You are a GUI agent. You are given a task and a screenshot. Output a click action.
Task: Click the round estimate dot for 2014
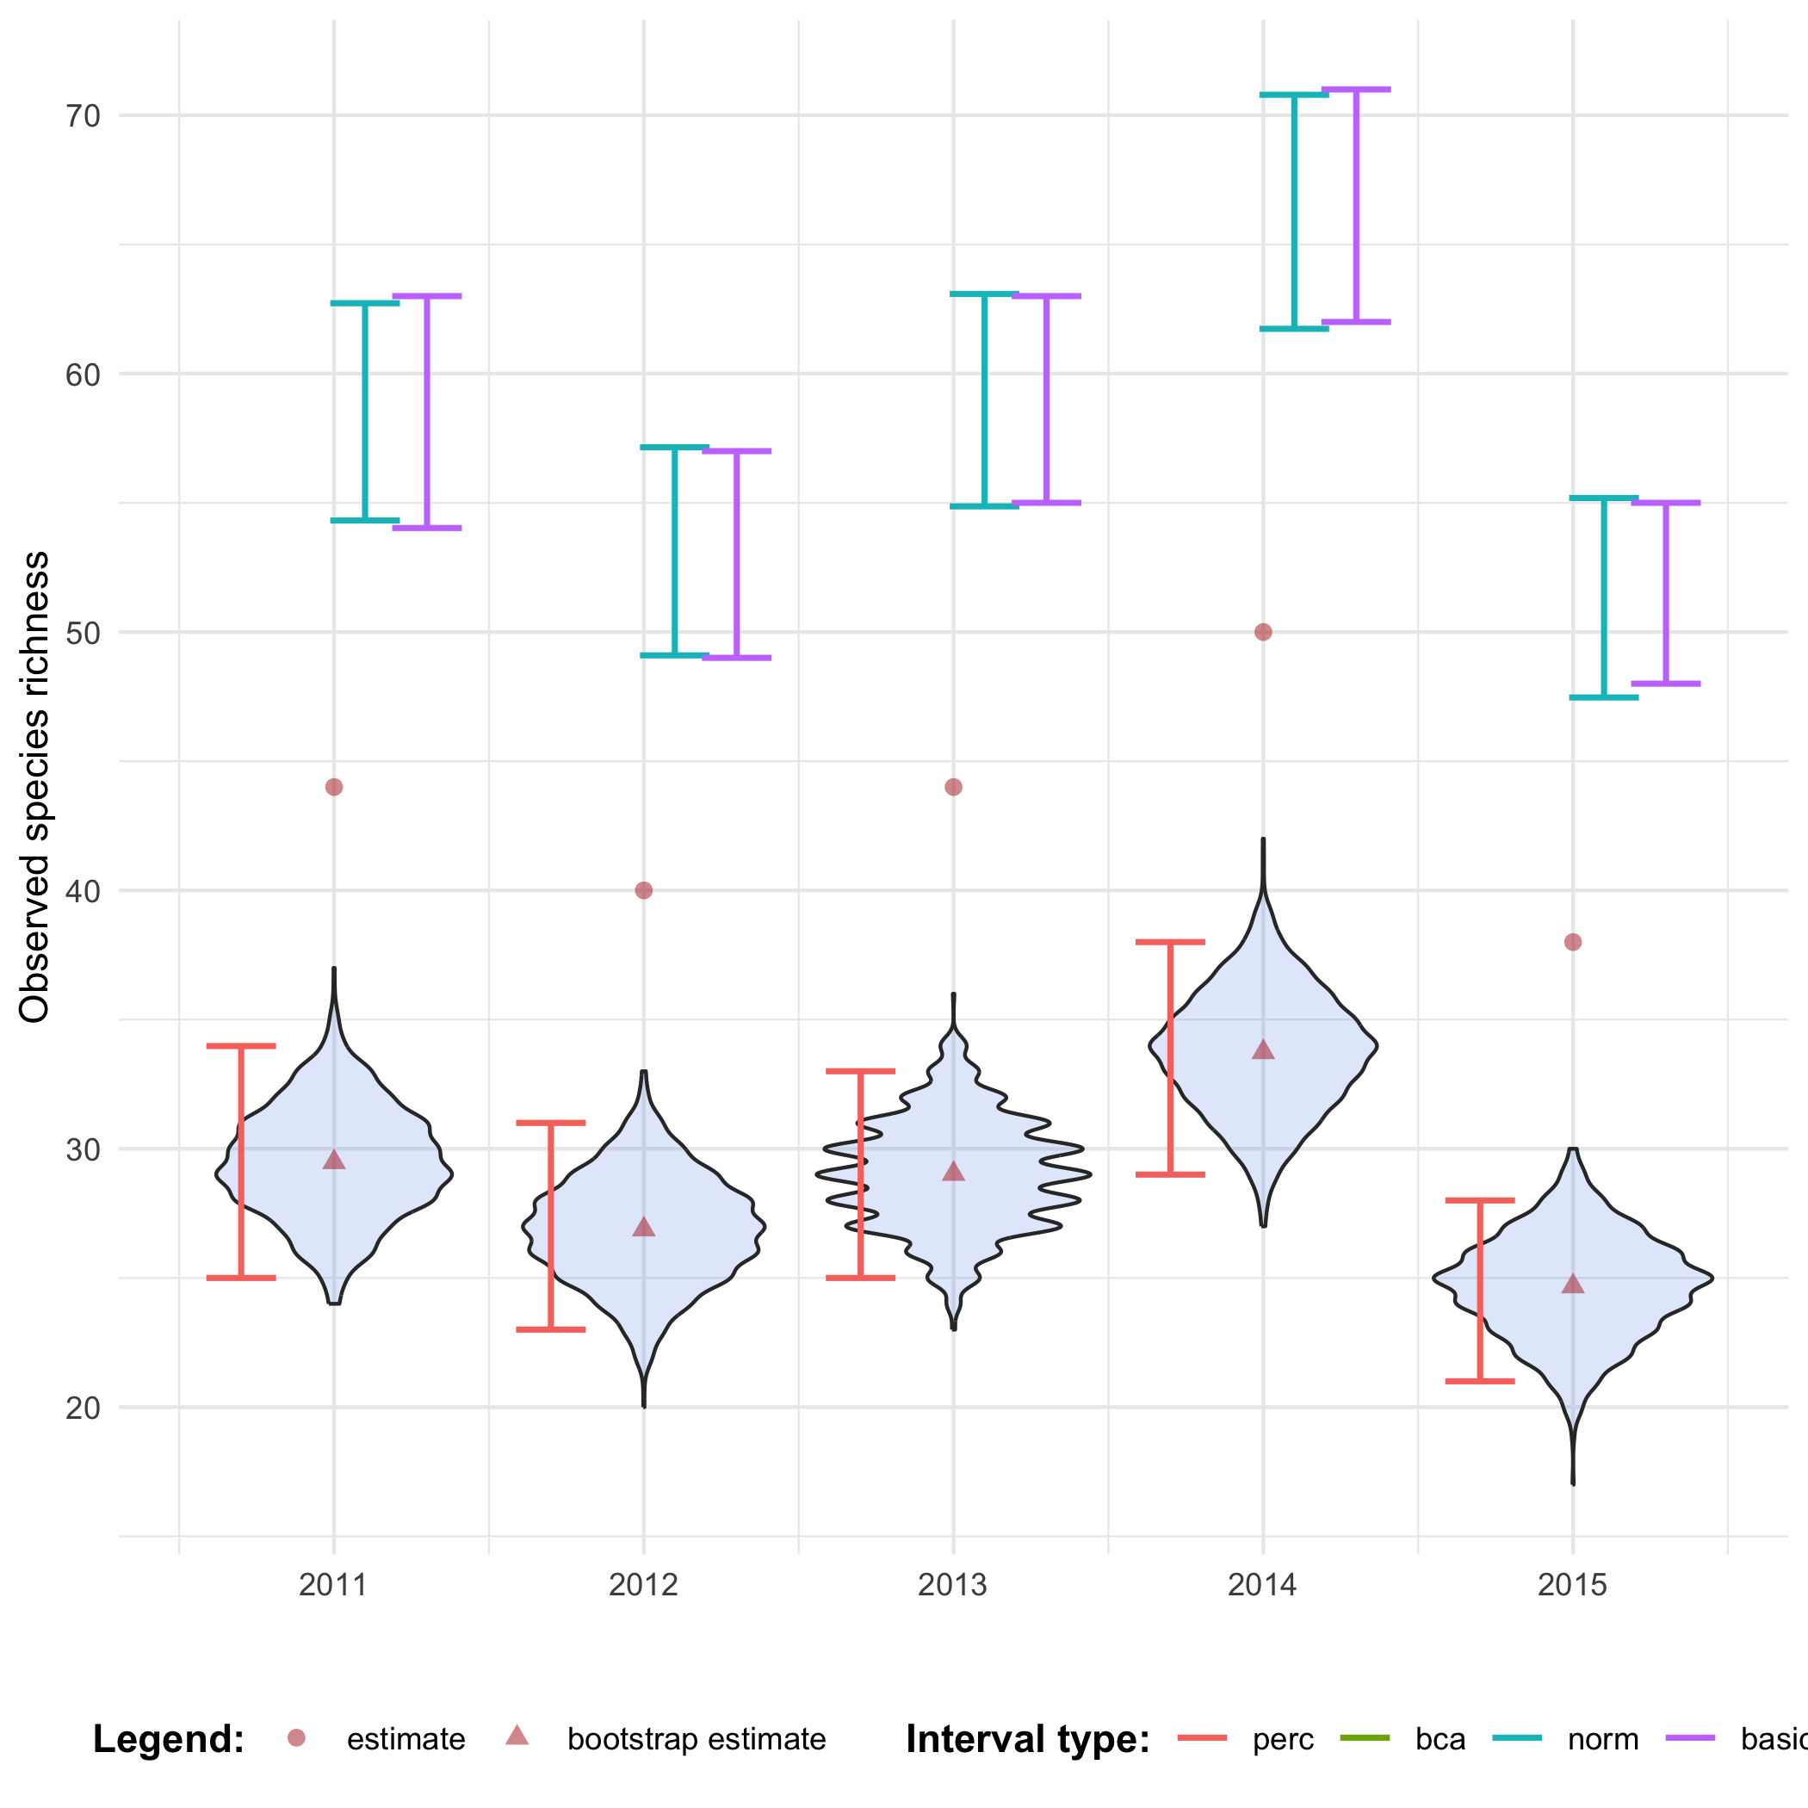(x=1262, y=632)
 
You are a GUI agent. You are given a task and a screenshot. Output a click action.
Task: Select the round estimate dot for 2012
(x=643, y=890)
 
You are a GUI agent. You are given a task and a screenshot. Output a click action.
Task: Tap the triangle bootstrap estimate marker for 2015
(x=1572, y=1284)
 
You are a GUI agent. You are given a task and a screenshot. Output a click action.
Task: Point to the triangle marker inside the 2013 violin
(x=953, y=1172)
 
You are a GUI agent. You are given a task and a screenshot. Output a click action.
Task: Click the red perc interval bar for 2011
(x=240, y=1161)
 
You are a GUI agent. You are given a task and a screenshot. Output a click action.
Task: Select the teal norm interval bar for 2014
(x=1294, y=212)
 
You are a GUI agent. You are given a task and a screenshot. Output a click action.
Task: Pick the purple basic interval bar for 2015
(x=1666, y=593)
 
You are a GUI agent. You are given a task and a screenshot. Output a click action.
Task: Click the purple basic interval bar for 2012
(x=736, y=554)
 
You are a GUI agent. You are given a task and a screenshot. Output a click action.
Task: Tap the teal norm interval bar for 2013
(x=984, y=400)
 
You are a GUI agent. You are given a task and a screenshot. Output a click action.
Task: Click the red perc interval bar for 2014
(x=1170, y=1057)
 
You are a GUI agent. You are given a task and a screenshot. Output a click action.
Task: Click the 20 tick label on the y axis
(x=83, y=1407)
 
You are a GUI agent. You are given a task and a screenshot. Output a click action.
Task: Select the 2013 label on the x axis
(x=953, y=1585)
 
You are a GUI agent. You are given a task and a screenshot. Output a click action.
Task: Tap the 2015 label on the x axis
(x=1572, y=1585)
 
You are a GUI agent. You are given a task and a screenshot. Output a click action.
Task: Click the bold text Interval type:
(x=1027, y=1740)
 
